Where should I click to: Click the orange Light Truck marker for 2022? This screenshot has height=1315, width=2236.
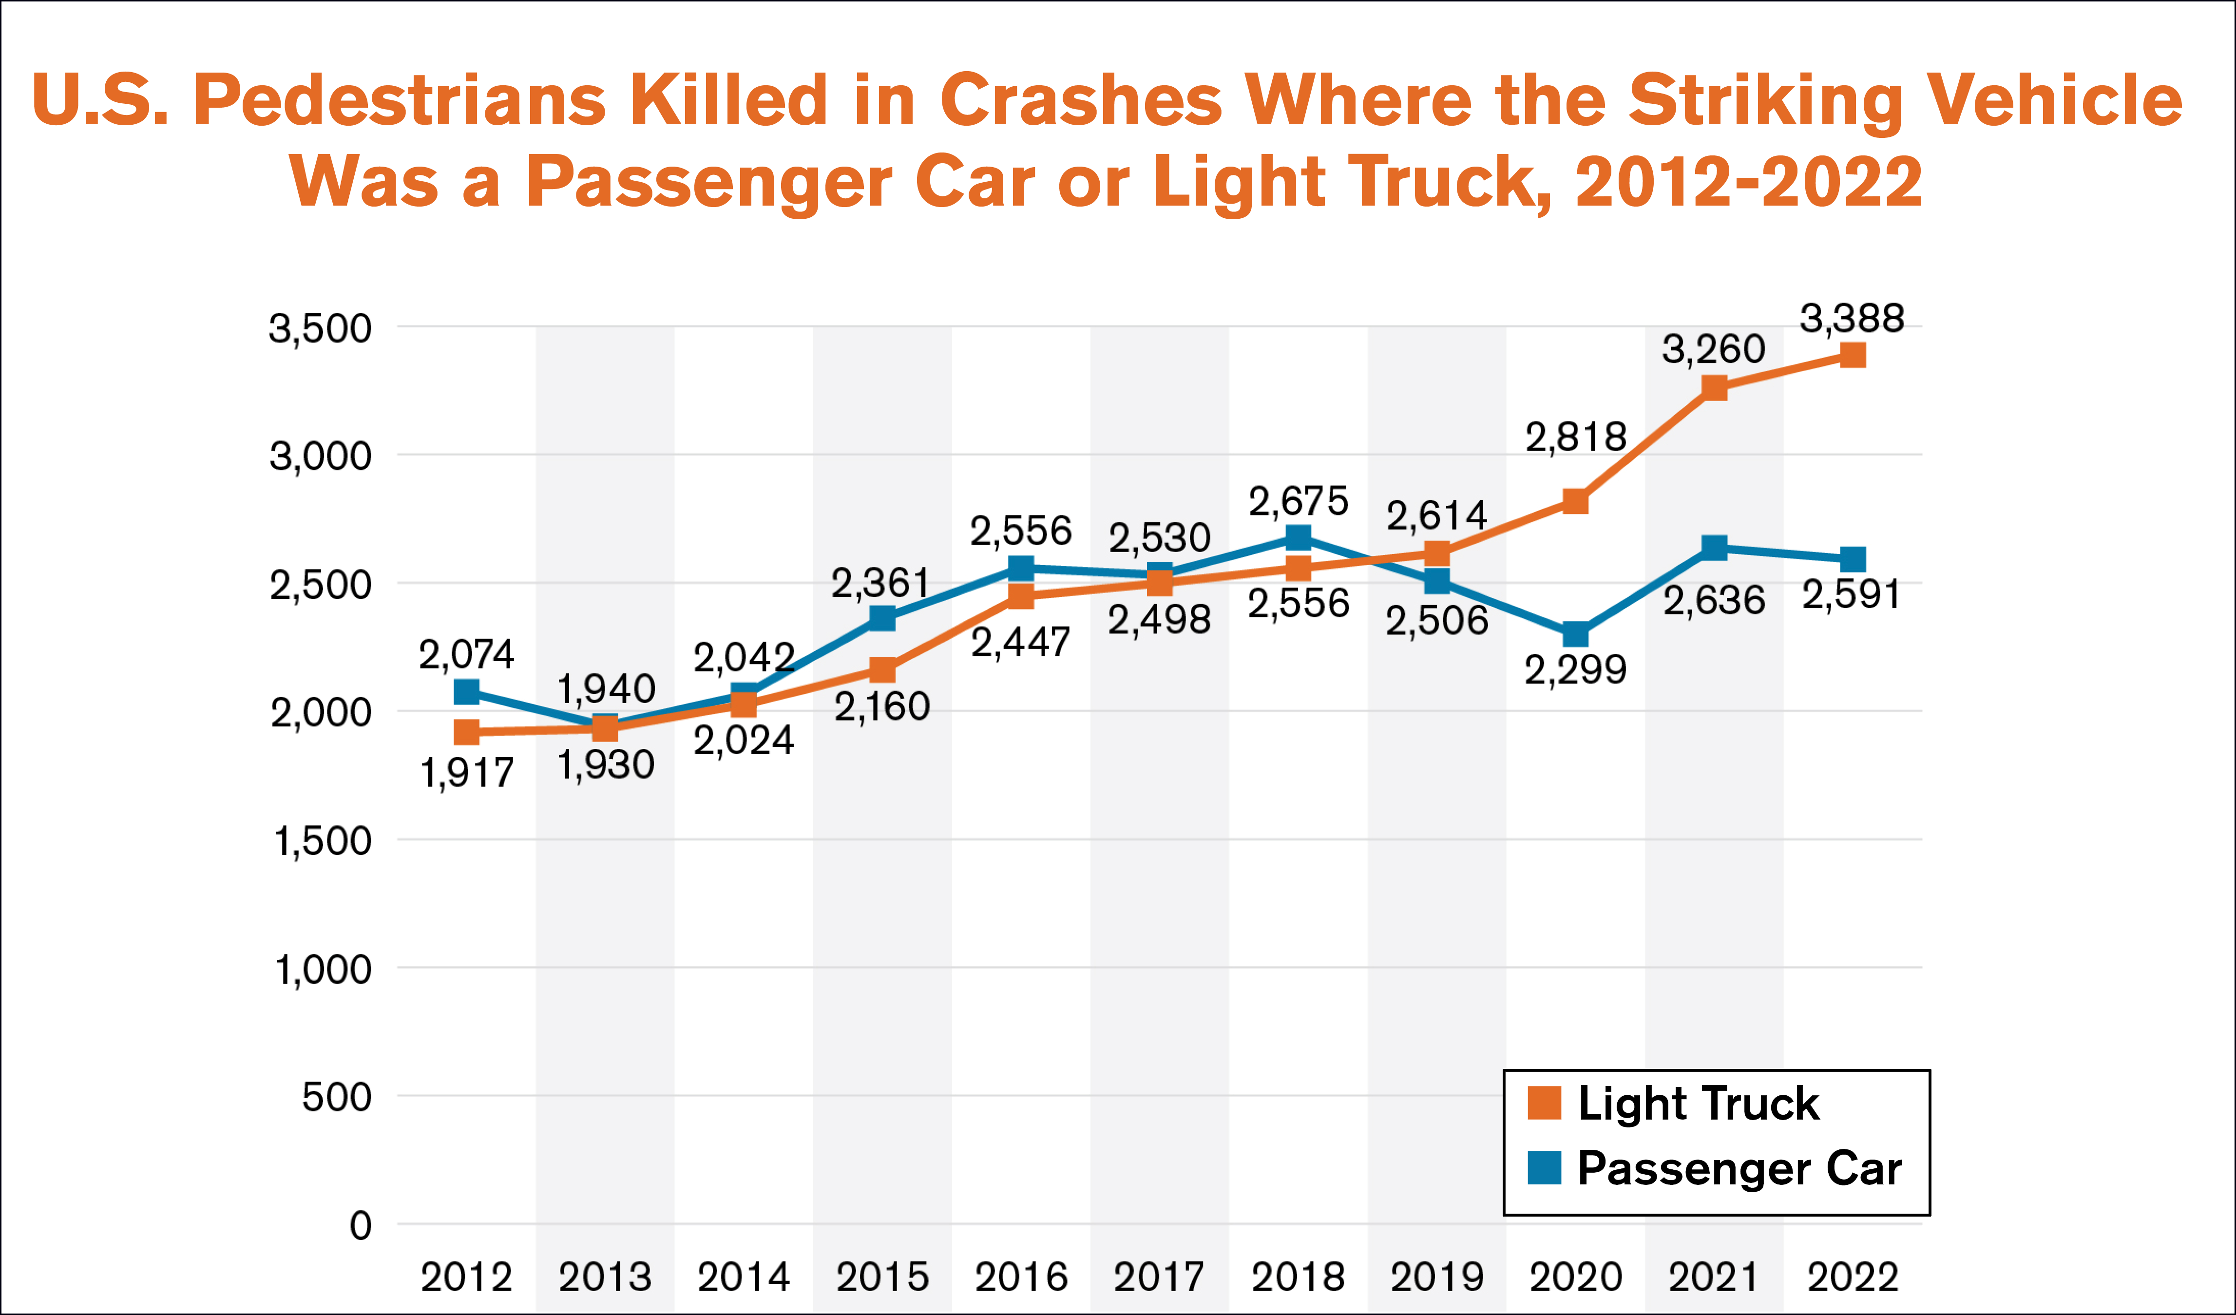coord(1853,355)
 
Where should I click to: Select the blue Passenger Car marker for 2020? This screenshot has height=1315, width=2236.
coord(1576,634)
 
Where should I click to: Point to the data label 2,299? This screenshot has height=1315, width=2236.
coord(1576,669)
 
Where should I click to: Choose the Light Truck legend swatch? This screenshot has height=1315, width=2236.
coord(1545,1103)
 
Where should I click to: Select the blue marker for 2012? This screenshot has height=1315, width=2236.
coord(467,691)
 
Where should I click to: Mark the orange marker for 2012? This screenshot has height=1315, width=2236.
coord(467,732)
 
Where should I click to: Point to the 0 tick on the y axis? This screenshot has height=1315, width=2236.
coord(360,1225)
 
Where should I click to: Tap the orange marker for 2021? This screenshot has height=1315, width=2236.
coord(1714,388)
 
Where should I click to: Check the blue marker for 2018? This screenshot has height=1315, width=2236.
coord(1298,537)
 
